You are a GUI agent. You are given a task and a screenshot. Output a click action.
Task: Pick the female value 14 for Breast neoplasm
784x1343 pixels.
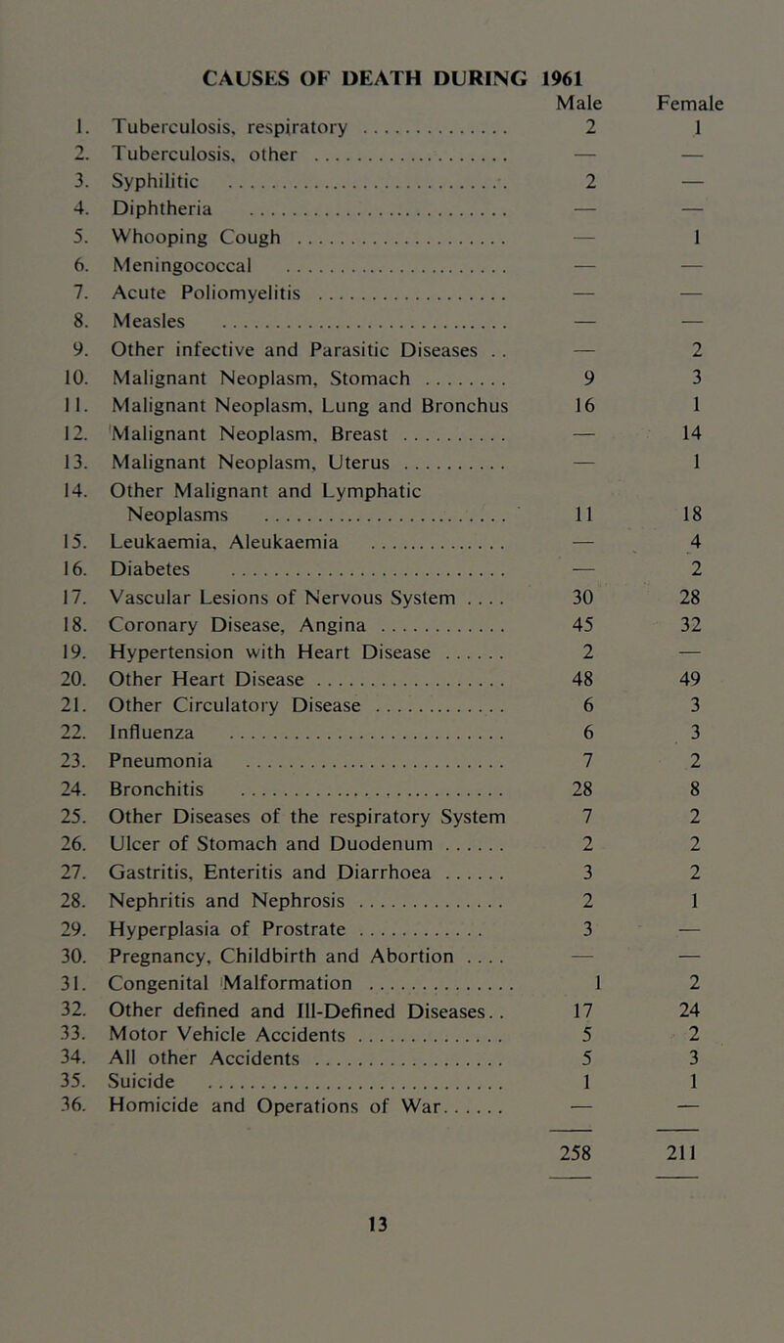click(743, 399)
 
